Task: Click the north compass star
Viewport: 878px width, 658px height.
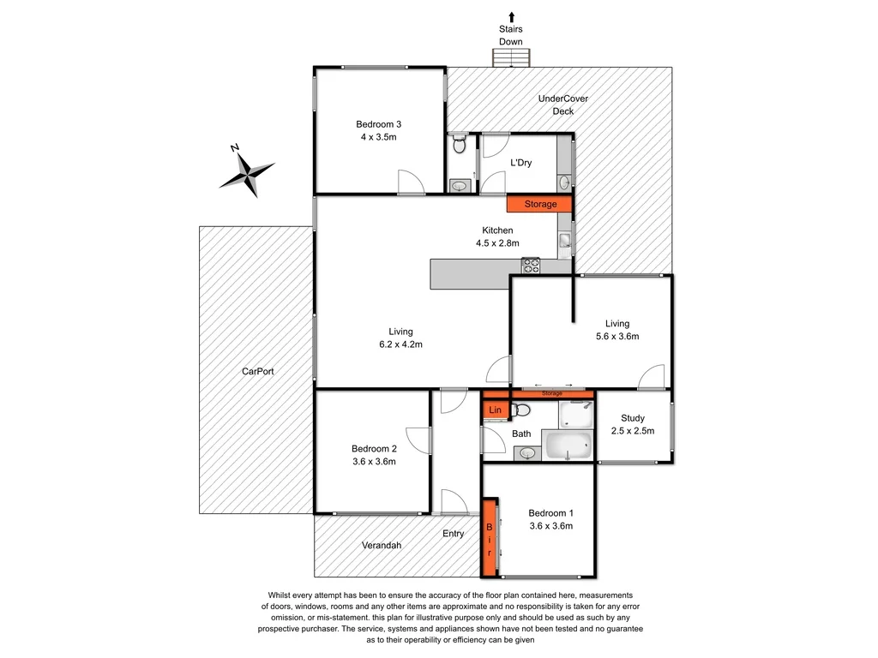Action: (x=248, y=174)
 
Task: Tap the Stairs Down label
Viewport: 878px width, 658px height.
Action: (x=511, y=35)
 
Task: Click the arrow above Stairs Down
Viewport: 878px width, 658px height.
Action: (x=512, y=15)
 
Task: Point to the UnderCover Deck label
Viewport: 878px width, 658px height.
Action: (x=563, y=105)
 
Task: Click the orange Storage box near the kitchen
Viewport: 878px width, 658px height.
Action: (x=540, y=204)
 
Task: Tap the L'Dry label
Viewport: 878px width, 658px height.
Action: (x=522, y=163)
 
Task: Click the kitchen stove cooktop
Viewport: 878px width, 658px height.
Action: (x=531, y=266)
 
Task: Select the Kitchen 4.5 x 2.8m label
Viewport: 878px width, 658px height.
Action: (x=497, y=236)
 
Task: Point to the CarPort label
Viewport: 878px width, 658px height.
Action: (x=257, y=372)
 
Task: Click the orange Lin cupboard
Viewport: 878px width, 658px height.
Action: (x=495, y=411)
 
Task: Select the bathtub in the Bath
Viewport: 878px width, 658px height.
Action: (x=568, y=446)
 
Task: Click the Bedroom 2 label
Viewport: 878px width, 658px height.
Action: (x=374, y=455)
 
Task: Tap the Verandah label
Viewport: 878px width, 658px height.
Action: (x=382, y=545)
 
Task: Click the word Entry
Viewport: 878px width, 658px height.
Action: (x=454, y=534)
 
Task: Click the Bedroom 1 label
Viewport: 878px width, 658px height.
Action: (x=550, y=520)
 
